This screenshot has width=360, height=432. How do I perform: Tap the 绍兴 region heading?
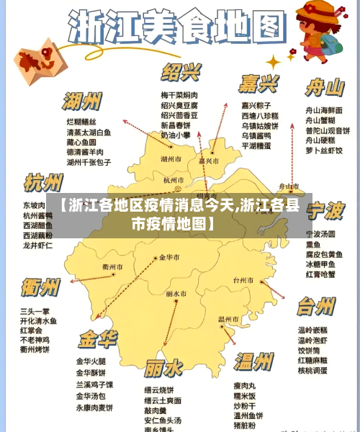[181, 73]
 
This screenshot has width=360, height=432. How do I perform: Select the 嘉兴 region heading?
[260, 84]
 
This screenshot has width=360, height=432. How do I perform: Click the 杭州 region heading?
[45, 182]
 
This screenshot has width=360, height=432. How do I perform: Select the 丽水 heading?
[163, 369]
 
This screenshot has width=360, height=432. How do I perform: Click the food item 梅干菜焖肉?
[179, 95]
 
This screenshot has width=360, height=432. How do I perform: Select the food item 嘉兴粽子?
[259, 105]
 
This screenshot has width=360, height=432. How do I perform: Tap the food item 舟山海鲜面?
[324, 110]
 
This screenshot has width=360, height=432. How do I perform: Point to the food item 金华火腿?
[91, 361]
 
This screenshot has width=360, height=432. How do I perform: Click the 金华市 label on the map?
[171, 257]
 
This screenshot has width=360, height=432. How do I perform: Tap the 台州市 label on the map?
[243, 280]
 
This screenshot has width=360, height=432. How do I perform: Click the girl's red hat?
[322, 11]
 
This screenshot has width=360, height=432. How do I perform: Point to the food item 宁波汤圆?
[321, 234]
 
